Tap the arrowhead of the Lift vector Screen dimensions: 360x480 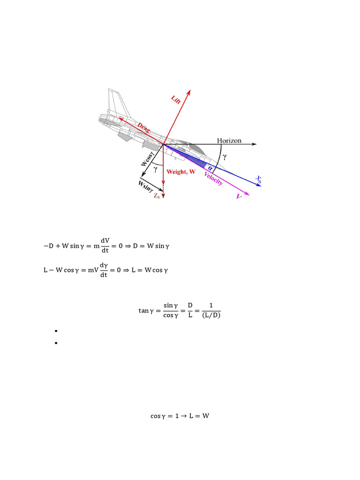tap(189, 92)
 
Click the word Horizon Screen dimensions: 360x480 tap(229, 140)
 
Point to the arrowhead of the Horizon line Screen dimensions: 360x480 tap(254, 144)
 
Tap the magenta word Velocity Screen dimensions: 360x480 tap(213, 178)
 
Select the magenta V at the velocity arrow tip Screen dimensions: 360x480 tap(239, 197)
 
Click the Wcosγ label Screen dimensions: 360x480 tap(147, 157)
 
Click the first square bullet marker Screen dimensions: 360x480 tap(56, 331)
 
